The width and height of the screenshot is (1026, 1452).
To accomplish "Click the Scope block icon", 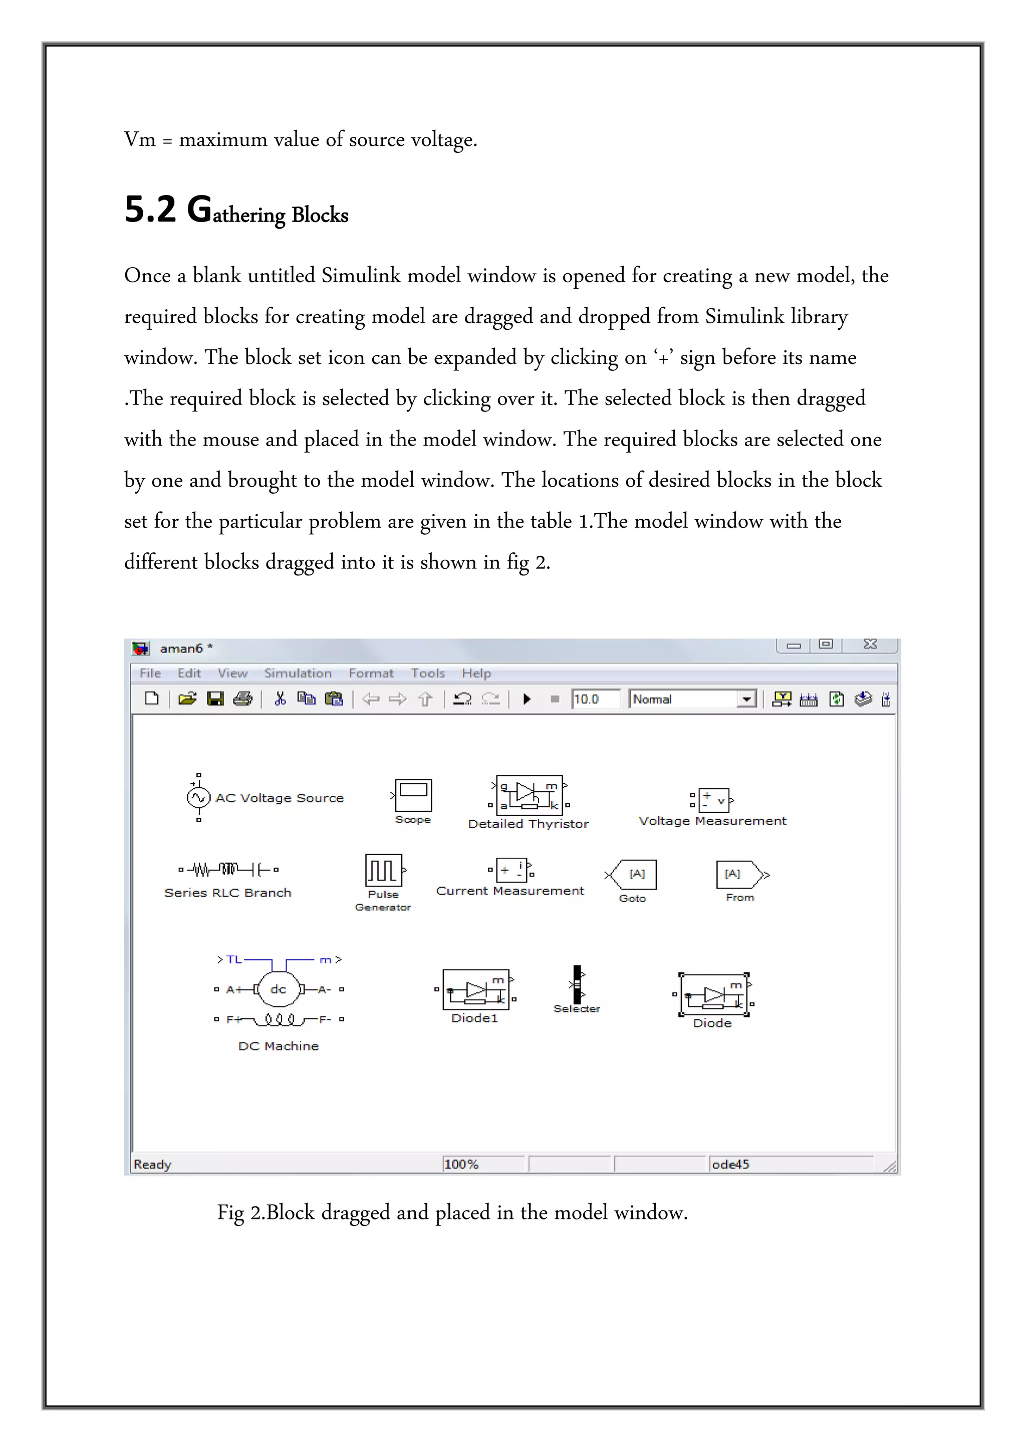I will pos(413,795).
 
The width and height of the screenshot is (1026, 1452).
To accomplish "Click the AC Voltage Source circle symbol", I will pos(198,797).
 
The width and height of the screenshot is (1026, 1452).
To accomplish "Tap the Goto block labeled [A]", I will pos(635,875).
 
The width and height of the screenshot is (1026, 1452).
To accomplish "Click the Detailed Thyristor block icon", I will pos(529,795).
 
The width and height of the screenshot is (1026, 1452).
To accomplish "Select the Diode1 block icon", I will pos(475,990).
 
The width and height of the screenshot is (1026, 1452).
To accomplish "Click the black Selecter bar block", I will pos(577,984).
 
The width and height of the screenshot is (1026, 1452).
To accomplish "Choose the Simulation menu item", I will pos(298,674).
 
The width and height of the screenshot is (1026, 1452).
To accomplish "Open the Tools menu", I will pos(427,674).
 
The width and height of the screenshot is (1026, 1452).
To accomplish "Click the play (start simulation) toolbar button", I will pos(527,699).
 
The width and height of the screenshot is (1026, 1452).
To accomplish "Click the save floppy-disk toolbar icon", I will pos(215,699).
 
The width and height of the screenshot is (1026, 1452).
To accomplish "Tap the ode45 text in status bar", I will pos(730,1164).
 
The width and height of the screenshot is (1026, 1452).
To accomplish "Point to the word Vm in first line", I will pos(140,140).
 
